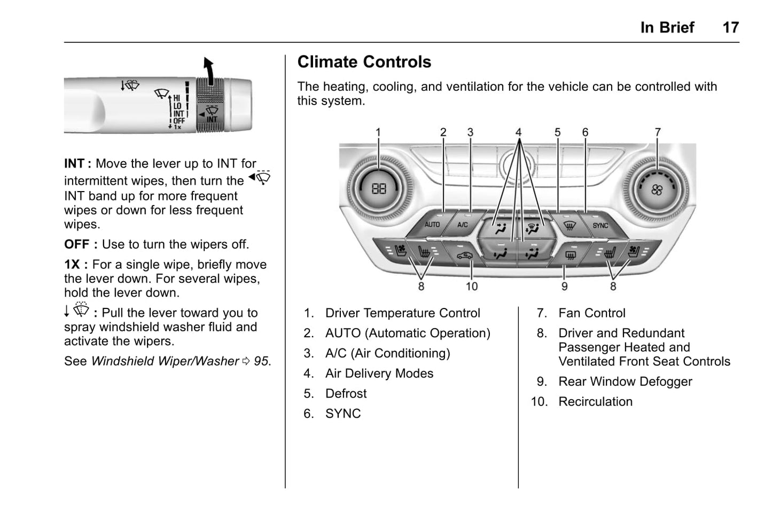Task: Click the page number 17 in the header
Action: (730, 27)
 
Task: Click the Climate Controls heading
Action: (364, 62)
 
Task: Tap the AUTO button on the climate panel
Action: (432, 225)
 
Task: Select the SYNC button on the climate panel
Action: (600, 225)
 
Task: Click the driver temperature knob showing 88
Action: (379, 188)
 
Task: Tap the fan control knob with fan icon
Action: (657, 189)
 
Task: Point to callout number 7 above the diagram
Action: (658, 132)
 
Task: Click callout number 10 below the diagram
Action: (471, 287)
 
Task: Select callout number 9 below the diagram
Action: (564, 287)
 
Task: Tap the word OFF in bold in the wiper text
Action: (77, 244)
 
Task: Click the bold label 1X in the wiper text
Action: (72, 265)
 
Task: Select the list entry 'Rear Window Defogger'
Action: (625, 382)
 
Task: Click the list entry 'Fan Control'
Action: (591, 313)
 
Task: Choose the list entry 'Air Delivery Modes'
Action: (379, 374)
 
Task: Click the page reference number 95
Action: (261, 361)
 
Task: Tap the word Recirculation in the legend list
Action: (595, 402)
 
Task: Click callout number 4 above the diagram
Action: (518, 132)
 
